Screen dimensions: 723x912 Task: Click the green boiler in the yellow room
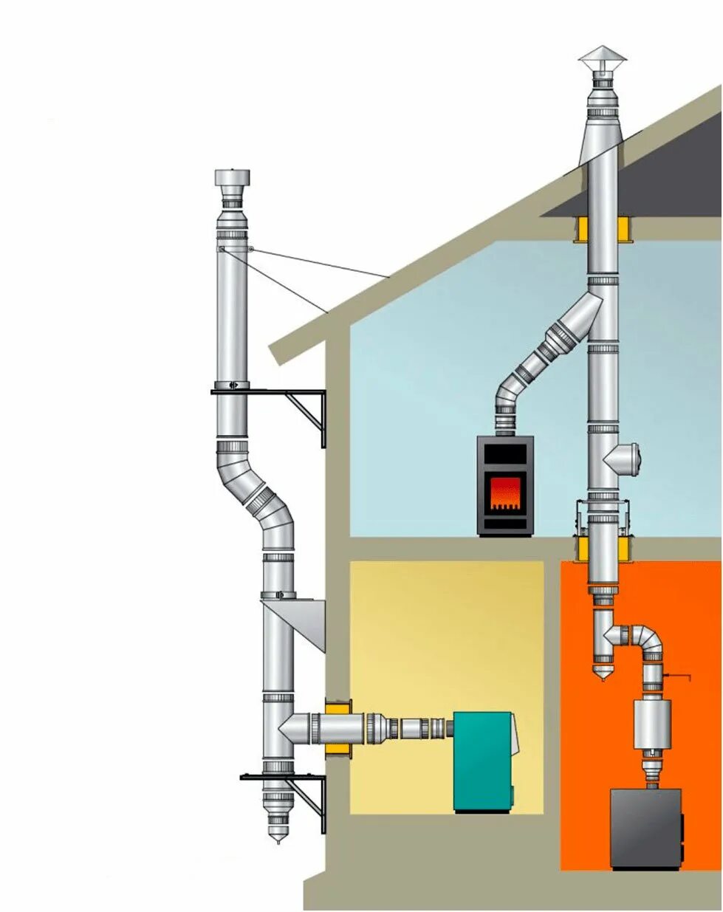[x=482, y=761]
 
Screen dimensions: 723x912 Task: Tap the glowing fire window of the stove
[x=505, y=492]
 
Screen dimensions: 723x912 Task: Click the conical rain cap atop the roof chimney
[x=602, y=57]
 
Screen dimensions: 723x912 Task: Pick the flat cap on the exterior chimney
[x=232, y=177]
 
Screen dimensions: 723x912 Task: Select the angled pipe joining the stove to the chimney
[x=546, y=347]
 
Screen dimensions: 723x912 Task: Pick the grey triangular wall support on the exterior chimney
[x=303, y=619]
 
